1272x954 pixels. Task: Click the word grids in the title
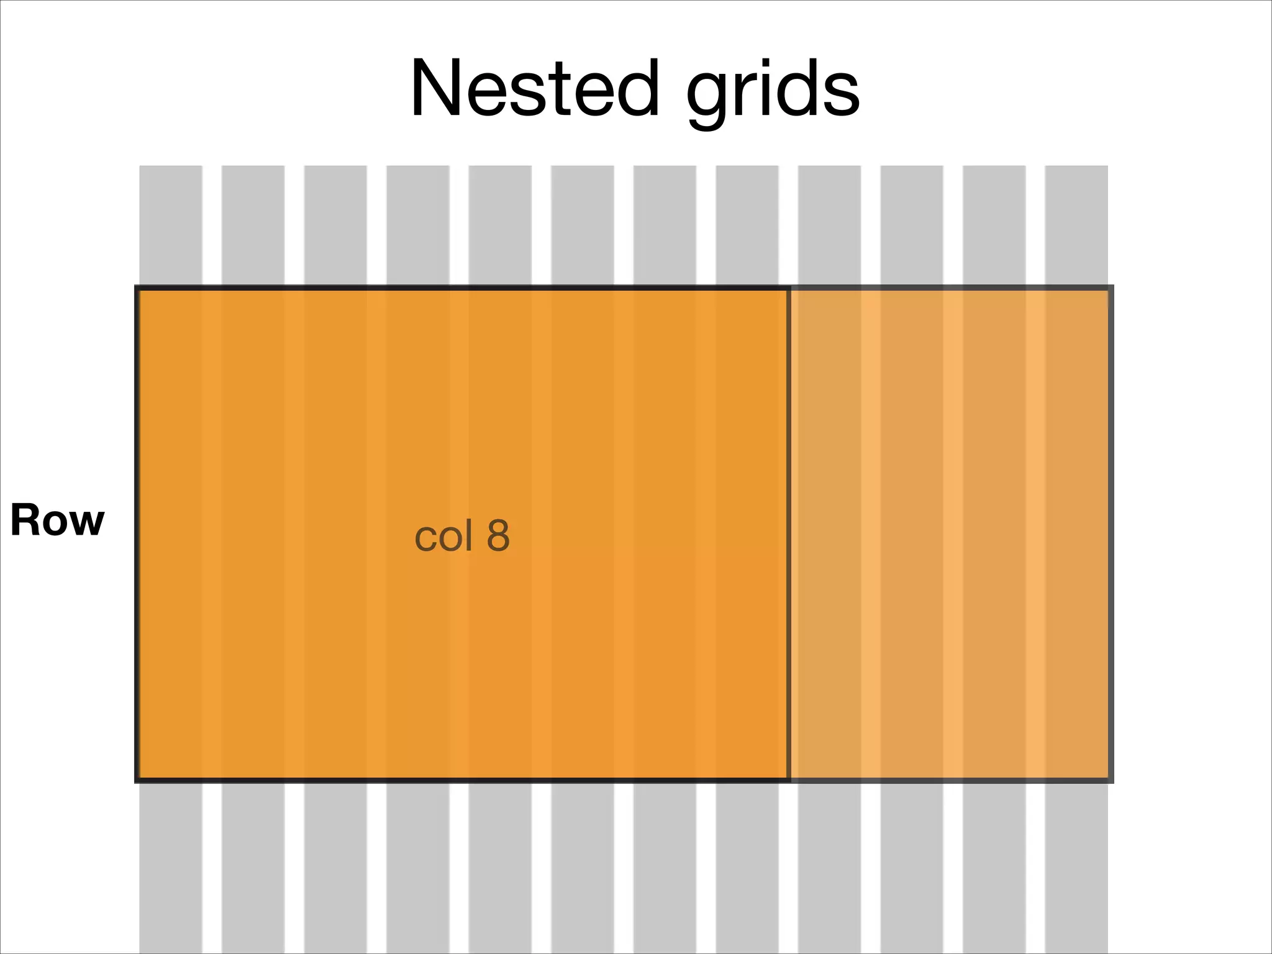click(x=773, y=92)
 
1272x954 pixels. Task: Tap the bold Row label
click(x=57, y=520)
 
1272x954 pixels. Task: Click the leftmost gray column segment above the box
click(x=171, y=225)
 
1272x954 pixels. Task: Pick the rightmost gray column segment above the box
click(x=1076, y=225)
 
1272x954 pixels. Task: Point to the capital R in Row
click(x=25, y=520)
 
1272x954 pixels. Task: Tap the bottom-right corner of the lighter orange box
click(x=1110, y=779)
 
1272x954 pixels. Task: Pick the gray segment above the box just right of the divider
click(x=829, y=225)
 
